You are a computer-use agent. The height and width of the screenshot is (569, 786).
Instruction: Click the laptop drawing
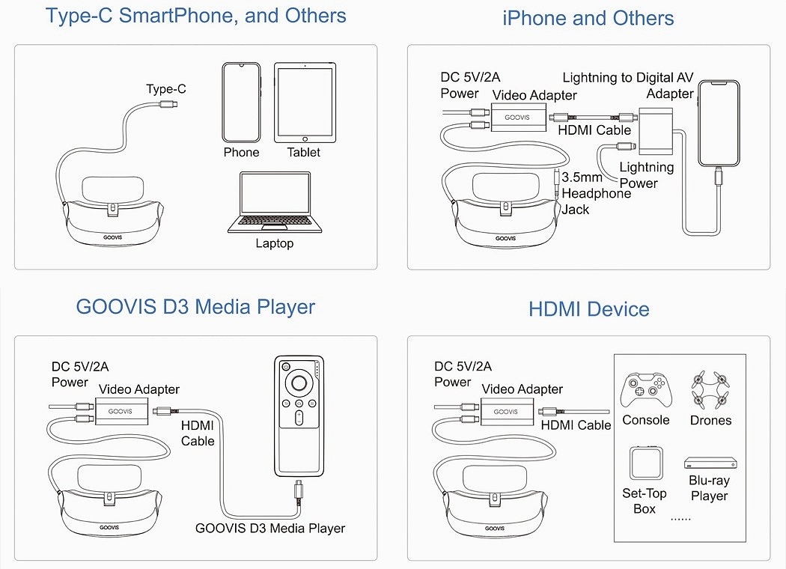275,202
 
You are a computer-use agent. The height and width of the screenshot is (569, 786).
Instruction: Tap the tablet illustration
304,103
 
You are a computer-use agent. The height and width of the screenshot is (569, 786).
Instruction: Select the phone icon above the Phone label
241,103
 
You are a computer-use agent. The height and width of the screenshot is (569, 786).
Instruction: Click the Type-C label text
166,89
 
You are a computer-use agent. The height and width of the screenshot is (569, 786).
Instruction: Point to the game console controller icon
645,389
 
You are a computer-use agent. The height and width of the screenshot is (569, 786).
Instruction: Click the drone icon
710,389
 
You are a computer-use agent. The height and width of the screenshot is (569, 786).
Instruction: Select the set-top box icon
645,463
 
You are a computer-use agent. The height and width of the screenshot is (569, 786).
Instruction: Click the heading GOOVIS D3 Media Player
195,307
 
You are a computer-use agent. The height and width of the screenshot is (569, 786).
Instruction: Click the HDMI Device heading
588,309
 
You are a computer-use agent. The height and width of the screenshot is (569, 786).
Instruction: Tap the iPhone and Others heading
588,19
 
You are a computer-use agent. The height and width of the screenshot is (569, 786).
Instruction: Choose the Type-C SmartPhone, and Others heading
195,16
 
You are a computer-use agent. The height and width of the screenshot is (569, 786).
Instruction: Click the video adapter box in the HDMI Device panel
505,412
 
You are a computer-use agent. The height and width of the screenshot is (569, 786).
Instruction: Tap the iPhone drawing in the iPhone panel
718,123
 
